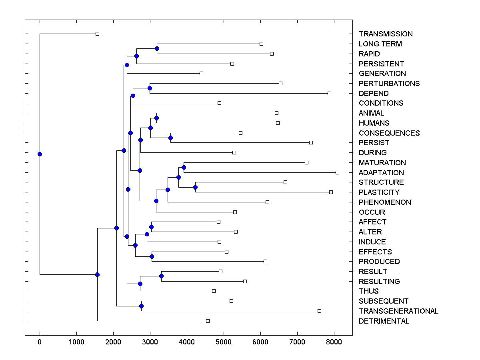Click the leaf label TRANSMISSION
386,34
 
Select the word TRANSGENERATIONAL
398,311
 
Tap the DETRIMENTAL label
384,321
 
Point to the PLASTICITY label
379,192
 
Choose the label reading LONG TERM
380,44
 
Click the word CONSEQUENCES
389,133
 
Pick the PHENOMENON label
385,202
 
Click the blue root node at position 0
40,154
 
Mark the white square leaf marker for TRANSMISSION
97,34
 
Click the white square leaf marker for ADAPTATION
337,172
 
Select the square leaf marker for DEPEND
329,93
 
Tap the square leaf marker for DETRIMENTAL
208,321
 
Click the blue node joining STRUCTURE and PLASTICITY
196,187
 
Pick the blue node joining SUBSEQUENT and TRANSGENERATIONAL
141,306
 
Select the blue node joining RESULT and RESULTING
161,276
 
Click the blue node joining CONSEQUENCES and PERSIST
170,138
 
